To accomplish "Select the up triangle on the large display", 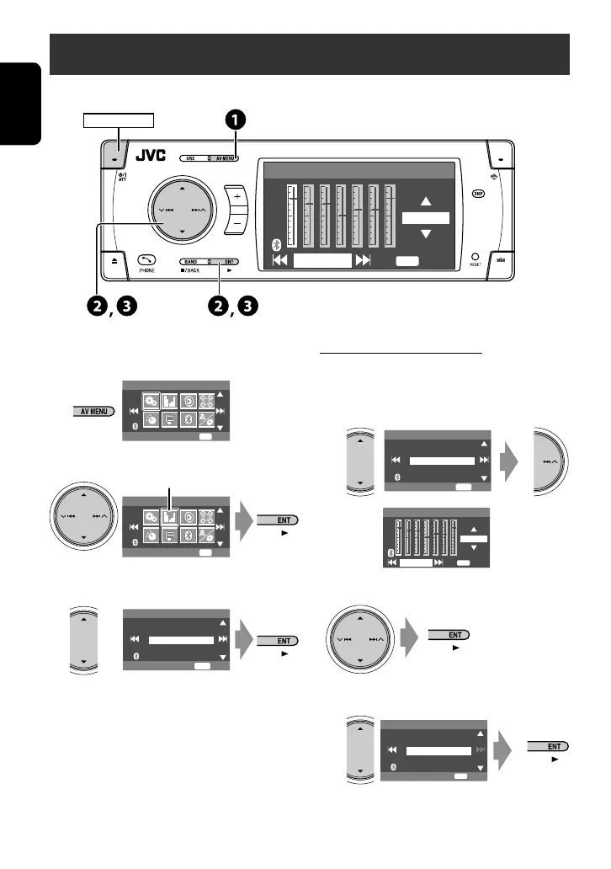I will (426, 201).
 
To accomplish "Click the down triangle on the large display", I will (426, 234).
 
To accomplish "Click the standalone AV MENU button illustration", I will (92, 412).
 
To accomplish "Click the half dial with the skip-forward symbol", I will (556, 455).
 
